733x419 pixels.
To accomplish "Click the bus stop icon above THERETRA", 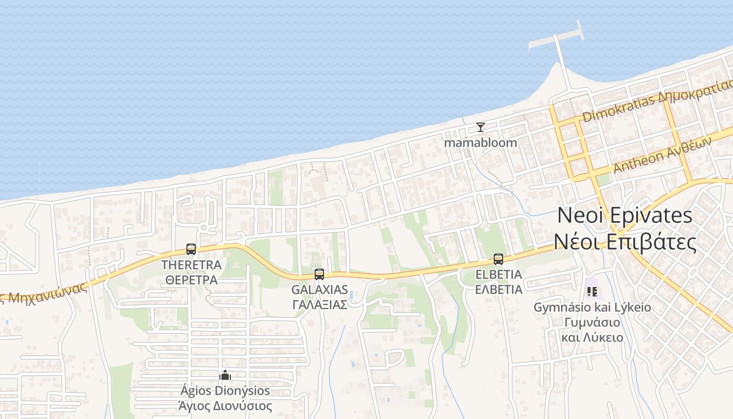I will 191,249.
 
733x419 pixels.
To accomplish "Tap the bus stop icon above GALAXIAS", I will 319,274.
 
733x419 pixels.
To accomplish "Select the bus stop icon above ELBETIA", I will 498,259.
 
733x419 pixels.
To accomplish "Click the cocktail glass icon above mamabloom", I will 480,127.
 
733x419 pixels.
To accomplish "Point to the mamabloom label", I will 480,142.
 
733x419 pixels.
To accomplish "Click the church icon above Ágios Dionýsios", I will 225,375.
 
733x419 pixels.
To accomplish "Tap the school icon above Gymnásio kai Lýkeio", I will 592,291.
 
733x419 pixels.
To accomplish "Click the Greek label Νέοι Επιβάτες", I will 625,242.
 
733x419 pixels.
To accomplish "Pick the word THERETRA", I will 191,265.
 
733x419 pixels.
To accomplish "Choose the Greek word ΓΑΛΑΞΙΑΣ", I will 319,305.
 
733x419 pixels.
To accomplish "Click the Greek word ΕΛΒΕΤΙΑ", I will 498,290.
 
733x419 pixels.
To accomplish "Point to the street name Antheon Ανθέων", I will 662,156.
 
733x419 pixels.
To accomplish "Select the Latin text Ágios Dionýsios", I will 225,391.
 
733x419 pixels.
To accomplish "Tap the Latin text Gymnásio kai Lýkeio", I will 592,307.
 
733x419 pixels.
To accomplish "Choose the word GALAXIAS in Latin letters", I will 319,290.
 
